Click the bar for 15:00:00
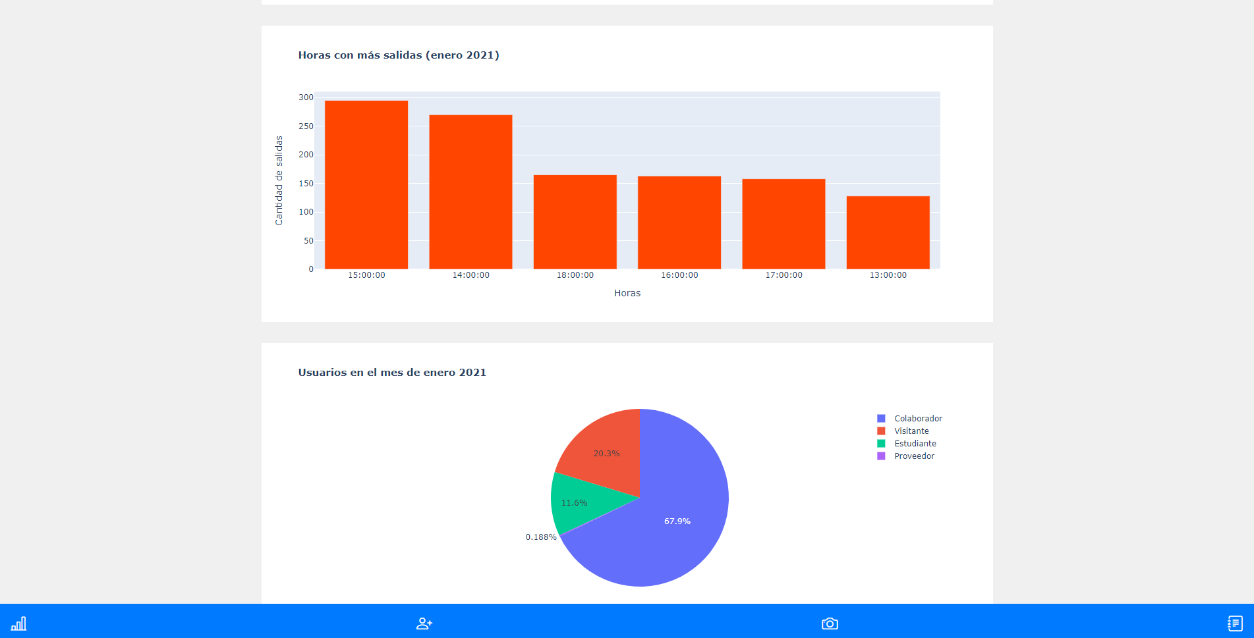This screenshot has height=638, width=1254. [366, 184]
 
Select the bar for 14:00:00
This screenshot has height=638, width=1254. [470, 192]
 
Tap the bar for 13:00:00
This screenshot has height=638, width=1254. [888, 232]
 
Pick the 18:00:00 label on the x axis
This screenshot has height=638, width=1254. [575, 275]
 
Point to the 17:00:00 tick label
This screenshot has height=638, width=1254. [784, 275]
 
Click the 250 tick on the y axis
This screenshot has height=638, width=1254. [306, 126]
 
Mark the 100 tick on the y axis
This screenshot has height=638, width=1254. [306, 212]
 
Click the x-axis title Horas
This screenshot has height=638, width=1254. [627, 293]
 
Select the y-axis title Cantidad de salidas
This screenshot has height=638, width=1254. [279, 180]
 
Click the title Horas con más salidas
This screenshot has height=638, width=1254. [398, 55]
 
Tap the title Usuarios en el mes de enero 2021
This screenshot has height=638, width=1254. [392, 373]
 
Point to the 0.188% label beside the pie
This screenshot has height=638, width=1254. [541, 537]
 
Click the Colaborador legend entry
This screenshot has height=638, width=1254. [917, 419]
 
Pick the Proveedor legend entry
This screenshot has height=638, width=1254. [913, 456]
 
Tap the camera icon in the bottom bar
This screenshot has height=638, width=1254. [830, 623]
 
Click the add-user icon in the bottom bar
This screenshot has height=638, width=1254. [424, 623]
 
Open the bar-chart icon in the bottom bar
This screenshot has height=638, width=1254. [18, 623]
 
